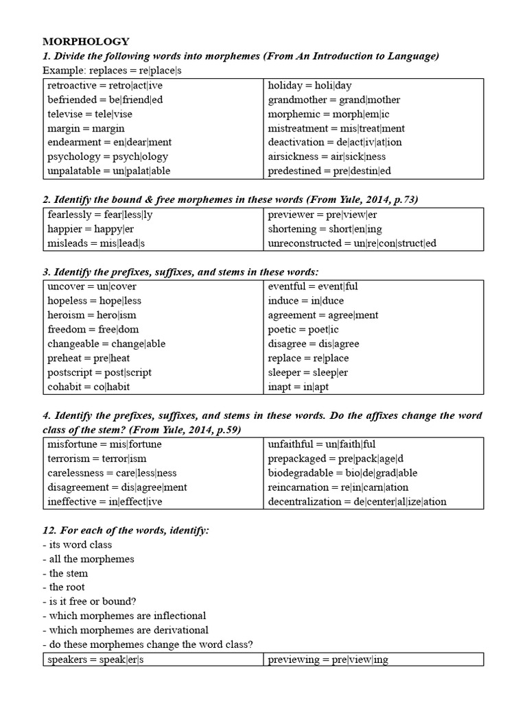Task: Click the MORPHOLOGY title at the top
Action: tap(86, 42)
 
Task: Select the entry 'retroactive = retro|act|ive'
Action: tap(105, 86)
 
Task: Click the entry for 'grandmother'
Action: tap(334, 100)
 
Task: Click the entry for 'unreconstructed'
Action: tap(352, 243)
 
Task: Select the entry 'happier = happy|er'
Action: tap(91, 229)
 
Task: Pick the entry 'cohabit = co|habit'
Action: tap(89, 387)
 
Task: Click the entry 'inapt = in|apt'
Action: tap(299, 387)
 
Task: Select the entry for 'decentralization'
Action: tap(358, 502)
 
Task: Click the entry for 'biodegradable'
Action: tap(342, 473)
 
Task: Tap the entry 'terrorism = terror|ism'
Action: tap(97, 459)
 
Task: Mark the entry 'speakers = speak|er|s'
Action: tap(97, 659)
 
